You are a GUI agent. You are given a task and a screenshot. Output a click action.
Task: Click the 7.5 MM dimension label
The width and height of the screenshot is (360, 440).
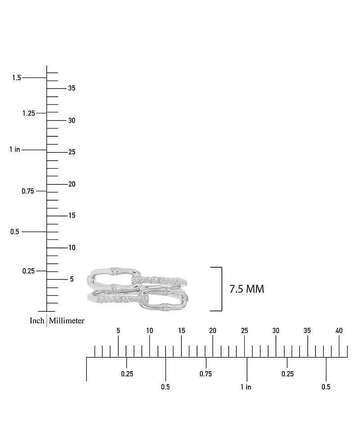pyautogui.click(x=247, y=289)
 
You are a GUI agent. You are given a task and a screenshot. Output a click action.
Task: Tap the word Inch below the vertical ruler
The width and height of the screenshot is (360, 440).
pyautogui.click(x=37, y=321)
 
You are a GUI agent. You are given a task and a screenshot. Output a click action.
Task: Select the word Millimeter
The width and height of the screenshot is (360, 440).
pyautogui.click(x=67, y=321)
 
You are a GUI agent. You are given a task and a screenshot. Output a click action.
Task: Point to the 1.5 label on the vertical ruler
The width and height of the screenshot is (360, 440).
pyautogui.click(x=17, y=77)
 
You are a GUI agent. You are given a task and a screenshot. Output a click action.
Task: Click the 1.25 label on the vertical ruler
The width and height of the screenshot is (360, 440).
pyautogui.click(x=29, y=113)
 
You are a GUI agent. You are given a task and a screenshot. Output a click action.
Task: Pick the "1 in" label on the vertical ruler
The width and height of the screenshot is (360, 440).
pyautogui.click(x=15, y=149)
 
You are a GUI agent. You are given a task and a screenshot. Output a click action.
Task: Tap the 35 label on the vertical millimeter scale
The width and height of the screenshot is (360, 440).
pyautogui.click(x=72, y=88)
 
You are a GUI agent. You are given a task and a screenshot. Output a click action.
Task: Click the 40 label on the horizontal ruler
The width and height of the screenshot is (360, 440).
pyautogui.click(x=339, y=331)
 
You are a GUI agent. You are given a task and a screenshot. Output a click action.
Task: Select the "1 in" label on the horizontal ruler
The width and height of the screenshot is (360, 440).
pyautogui.click(x=246, y=387)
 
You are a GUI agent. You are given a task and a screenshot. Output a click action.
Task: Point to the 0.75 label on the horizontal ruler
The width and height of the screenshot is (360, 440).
pyautogui.click(x=206, y=374)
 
